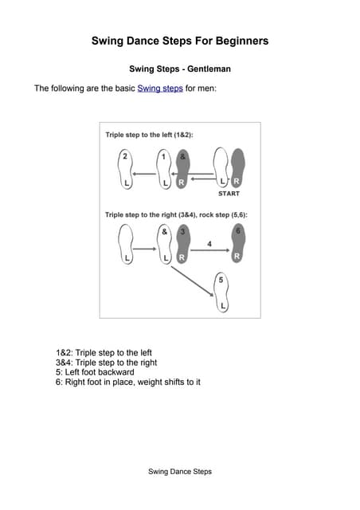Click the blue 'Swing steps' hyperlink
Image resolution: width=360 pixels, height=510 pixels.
pyautogui.click(x=160, y=88)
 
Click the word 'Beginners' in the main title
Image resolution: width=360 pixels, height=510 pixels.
pyautogui.click(x=235, y=41)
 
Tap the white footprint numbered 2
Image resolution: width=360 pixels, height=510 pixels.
pyautogui.click(x=123, y=170)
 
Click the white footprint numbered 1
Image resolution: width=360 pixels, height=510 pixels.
pyautogui.click(x=165, y=170)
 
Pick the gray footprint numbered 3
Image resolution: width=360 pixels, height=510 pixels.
pyautogui.click(x=182, y=245)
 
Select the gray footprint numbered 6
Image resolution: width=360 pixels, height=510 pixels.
pyautogui.click(x=237, y=245)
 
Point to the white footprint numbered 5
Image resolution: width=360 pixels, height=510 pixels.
pyautogui.click(x=222, y=293)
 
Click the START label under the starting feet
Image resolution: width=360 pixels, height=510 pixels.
pyautogui.click(x=229, y=194)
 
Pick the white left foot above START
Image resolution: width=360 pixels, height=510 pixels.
pyautogui.click(x=221, y=170)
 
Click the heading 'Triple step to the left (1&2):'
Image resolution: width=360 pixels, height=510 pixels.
pyautogui.click(x=149, y=135)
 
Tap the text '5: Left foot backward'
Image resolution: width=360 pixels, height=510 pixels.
pyautogui.click(x=95, y=372)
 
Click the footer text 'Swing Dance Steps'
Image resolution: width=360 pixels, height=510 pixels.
pyautogui.click(x=180, y=472)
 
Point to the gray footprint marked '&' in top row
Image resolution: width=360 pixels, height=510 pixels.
pyautogui.click(x=182, y=170)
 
